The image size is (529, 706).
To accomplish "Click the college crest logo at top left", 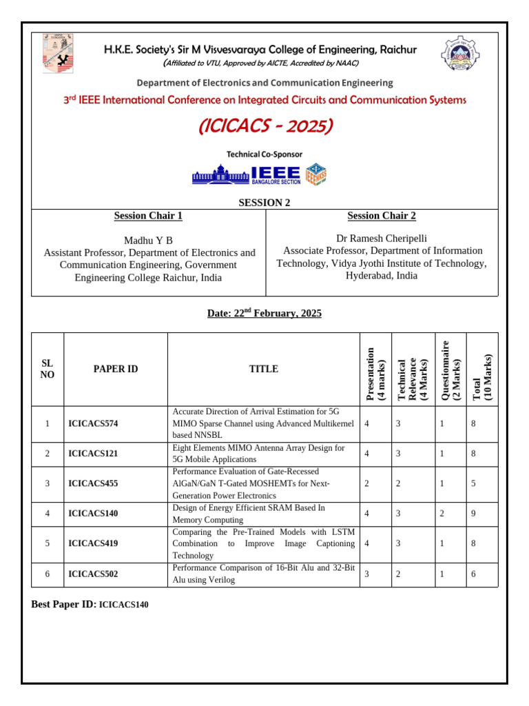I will (59, 54).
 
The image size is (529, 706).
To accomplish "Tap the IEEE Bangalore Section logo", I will (258, 174).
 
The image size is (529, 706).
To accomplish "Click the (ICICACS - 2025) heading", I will (265, 127).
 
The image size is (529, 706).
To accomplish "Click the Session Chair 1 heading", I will (148, 216).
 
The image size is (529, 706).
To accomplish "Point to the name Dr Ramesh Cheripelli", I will (381, 238).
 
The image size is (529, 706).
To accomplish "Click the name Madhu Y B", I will (148, 240).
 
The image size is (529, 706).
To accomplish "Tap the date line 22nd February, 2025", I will (264, 314).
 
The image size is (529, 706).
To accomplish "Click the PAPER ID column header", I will (116, 369).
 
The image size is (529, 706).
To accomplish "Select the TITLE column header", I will (264, 369).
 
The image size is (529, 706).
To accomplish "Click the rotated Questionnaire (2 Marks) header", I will (450, 370).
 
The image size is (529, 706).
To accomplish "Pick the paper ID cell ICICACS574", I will (94, 423).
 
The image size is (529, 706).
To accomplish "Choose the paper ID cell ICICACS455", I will (94, 483).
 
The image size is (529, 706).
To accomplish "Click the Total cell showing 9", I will (473, 514).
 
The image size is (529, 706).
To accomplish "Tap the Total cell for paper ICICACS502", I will (473, 574).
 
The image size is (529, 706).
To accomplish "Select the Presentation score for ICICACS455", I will (366, 483).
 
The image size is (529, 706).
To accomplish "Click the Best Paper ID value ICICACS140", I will (123, 605).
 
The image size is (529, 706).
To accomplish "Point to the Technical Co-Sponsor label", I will (264, 154).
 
